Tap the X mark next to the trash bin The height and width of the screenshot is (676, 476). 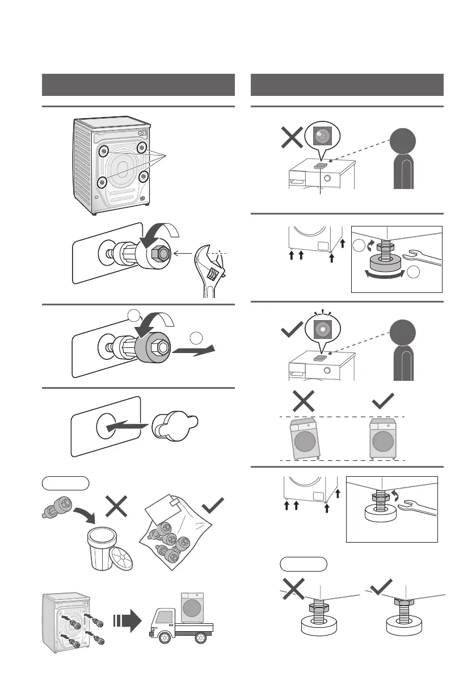[116, 506]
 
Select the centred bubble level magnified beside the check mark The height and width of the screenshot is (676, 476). [321, 329]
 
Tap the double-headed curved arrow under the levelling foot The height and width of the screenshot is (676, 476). [385, 274]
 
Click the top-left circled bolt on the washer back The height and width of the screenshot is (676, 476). [104, 151]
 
